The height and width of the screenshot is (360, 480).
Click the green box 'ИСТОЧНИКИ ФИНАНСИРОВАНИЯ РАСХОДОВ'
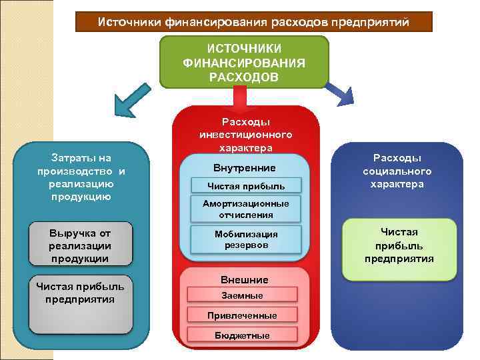pyautogui.click(x=244, y=62)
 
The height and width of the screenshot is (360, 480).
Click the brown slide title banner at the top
pyautogui.click(x=253, y=22)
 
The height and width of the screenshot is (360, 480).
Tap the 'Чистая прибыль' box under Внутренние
pyautogui.click(x=245, y=185)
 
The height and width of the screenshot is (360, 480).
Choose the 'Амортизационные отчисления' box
pyautogui.click(x=245, y=209)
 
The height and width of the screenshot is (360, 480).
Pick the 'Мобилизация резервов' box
pyautogui.click(x=245, y=240)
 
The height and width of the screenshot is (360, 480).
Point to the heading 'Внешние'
pyautogui.click(x=244, y=280)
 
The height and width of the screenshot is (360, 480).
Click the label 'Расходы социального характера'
pyautogui.click(x=397, y=171)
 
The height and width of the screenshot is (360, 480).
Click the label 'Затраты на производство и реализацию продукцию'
pyautogui.click(x=81, y=177)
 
